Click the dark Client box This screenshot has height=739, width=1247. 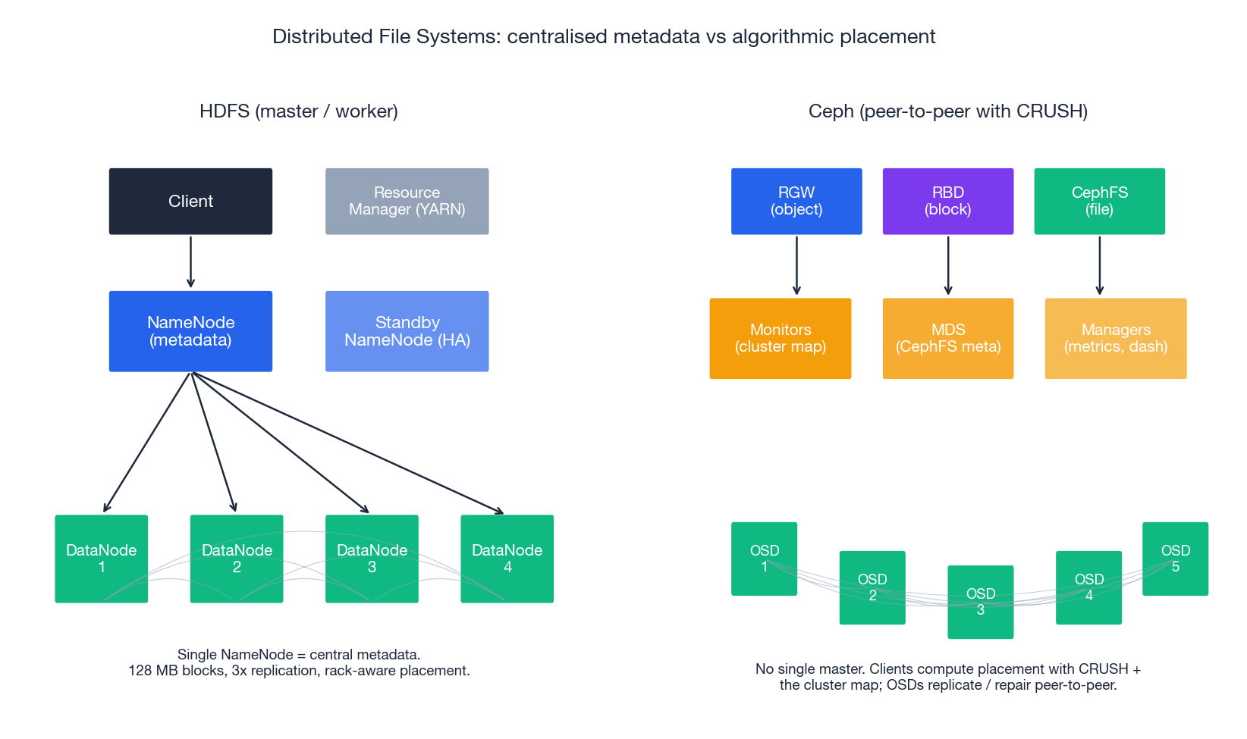[x=190, y=201]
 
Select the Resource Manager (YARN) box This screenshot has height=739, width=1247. [x=407, y=201]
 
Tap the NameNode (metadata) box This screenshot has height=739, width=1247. [x=190, y=331]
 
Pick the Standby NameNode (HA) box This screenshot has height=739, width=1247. [x=407, y=331]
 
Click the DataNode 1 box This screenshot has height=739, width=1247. [x=101, y=559]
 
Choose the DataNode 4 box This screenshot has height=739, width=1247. [x=507, y=559]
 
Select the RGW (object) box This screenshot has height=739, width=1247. [x=796, y=201]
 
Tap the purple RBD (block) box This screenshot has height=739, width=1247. [x=947, y=201]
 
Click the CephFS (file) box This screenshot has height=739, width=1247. [x=1099, y=201]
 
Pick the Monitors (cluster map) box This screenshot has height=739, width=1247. [x=780, y=338]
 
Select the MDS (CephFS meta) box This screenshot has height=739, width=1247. [x=947, y=338]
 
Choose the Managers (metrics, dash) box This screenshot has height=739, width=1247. [x=1115, y=338]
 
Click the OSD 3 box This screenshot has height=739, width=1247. [x=980, y=602]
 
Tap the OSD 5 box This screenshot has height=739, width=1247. [x=1175, y=559]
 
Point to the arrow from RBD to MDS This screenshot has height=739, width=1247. [x=947, y=265]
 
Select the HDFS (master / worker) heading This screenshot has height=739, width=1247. [x=298, y=111]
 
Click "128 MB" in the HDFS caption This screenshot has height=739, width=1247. [x=154, y=671]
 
